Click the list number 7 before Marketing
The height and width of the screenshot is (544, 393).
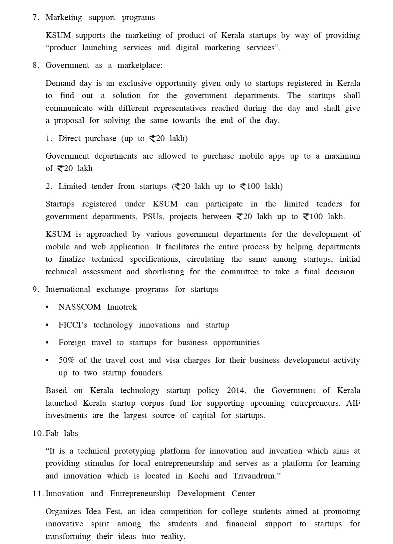click(35, 18)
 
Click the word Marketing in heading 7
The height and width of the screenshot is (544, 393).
click(64, 18)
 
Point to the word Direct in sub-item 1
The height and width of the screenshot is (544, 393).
click(69, 139)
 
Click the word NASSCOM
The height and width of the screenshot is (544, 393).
click(80, 307)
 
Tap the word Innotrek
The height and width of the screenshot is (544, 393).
click(122, 307)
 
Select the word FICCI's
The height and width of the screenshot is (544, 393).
click(73, 325)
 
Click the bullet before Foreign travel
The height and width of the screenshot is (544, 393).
click(47, 343)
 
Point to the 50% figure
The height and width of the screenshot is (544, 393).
click(66, 360)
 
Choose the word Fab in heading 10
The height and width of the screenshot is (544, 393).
click(52, 434)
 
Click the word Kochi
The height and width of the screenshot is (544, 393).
click(198, 476)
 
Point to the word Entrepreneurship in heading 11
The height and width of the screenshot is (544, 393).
click(140, 494)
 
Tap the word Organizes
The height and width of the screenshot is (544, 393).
click(63, 512)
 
